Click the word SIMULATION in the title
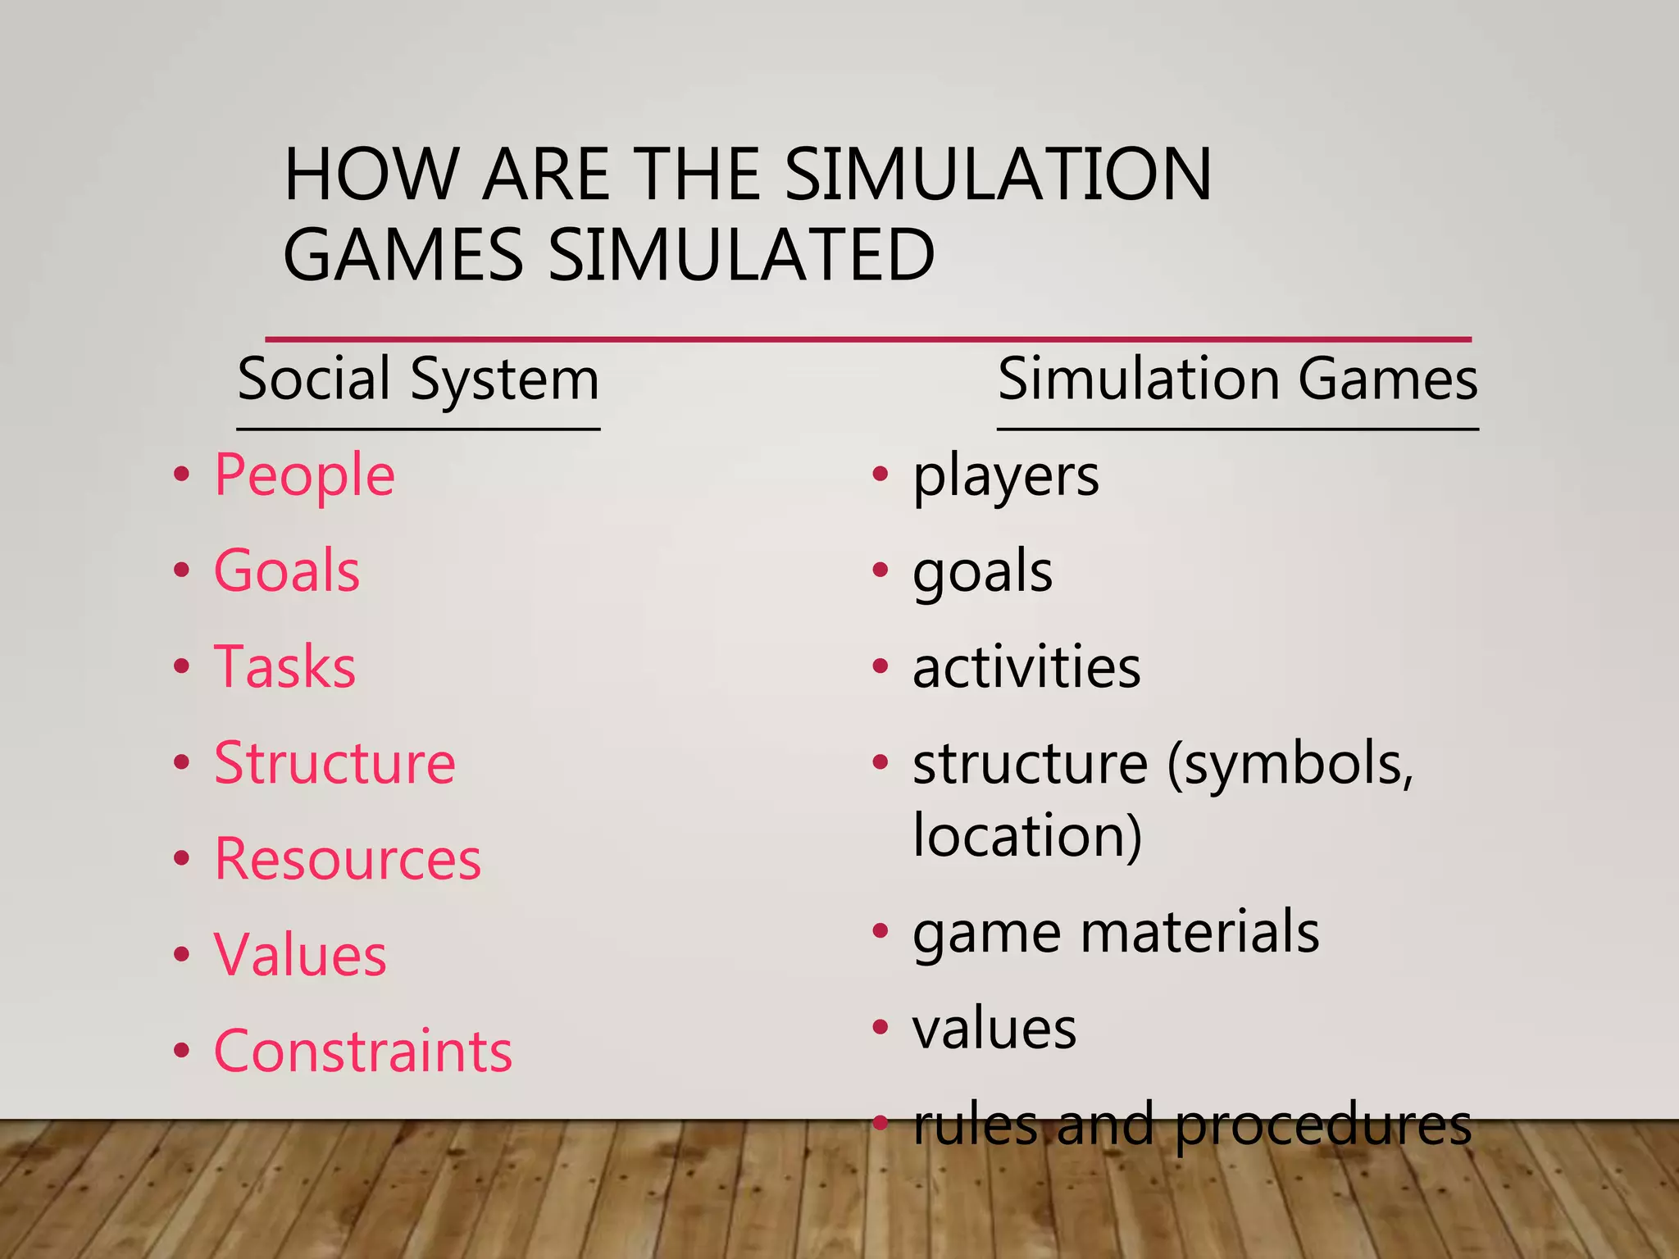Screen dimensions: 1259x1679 coord(997,175)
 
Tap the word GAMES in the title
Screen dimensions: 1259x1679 coord(403,255)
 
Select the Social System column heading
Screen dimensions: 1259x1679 coord(418,380)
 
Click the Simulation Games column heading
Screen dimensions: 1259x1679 coord(1237,380)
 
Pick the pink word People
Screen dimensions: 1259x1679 coord(304,475)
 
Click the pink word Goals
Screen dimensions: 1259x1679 coord(286,571)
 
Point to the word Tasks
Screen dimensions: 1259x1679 coord(284,667)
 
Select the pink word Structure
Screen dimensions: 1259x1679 coord(334,763)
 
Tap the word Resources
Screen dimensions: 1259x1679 coord(348,859)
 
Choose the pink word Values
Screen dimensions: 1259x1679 coord(300,956)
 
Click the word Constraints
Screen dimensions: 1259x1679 coord(362,1052)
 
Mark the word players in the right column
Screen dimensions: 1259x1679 coord(1006,477)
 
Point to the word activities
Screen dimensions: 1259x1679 coord(1026,667)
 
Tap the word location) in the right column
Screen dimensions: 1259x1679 coord(1027,836)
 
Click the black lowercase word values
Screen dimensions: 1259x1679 coord(994,1029)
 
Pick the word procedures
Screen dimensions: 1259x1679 coord(1322,1126)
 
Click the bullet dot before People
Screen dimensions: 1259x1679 coord(182,474)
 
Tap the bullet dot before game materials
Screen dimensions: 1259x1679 coord(880,931)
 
